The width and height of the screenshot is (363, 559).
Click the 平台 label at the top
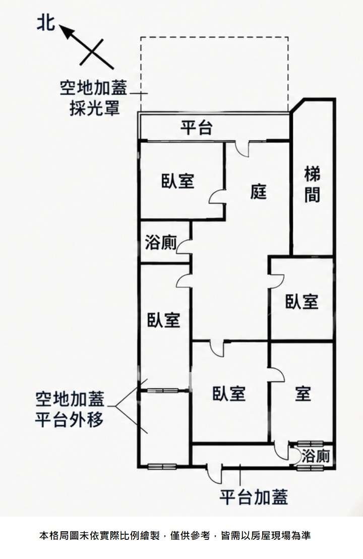click(x=197, y=128)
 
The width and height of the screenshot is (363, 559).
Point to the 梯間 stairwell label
click(x=313, y=185)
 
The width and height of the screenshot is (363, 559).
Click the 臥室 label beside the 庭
click(x=178, y=181)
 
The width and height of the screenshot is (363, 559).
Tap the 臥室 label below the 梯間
click(x=301, y=302)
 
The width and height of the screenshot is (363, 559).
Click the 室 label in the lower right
click(x=303, y=393)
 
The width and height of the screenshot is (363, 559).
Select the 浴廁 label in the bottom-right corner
click(x=316, y=456)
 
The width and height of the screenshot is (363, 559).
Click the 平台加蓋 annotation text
click(x=253, y=497)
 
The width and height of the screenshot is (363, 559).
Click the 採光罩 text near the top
click(x=94, y=108)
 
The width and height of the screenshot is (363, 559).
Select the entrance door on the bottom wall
click(x=214, y=473)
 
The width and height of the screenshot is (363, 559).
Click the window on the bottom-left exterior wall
click(x=162, y=466)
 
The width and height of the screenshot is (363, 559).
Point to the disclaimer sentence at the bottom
click(x=175, y=535)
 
